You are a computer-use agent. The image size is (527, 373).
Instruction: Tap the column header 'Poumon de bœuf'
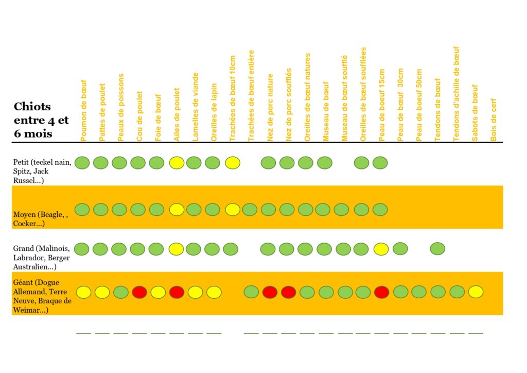click(84, 110)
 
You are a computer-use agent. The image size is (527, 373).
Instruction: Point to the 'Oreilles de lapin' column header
click(214, 112)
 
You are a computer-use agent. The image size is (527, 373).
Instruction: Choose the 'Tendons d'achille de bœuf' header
click(456, 94)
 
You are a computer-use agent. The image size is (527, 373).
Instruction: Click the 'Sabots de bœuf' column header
click(475, 113)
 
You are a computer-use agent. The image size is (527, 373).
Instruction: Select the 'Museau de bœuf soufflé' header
click(345, 98)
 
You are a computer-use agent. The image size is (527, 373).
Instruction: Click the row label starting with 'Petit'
click(42, 171)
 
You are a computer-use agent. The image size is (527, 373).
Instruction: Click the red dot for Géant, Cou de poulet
click(139, 292)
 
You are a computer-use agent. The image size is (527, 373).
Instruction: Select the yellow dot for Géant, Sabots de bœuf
click(476, 292)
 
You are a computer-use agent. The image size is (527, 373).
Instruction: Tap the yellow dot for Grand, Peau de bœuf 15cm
click(381, 249)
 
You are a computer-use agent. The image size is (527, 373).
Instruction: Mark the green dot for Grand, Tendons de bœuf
click(437, 249)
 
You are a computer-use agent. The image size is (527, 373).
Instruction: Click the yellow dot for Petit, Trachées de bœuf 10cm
click(233, 163)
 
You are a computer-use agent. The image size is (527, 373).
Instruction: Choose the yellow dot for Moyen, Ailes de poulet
click(177, 209)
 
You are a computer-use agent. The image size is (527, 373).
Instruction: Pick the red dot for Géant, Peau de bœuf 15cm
click(381, 292)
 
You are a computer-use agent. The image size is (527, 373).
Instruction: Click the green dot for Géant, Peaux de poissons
click(120, 292)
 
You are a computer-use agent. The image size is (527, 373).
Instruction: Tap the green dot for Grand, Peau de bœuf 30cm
click(400, 249)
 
